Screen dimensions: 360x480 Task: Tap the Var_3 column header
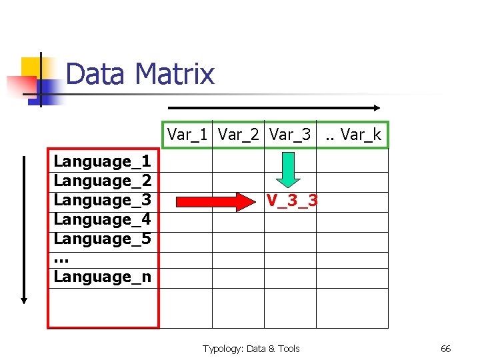pyautogui.click(x=290, y=135)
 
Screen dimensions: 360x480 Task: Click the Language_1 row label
pyautogui.click(x=103, y=161)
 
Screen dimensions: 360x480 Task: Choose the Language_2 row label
pyautogui.click(x=103, y=181)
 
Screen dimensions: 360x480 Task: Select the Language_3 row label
pyautogui.click(x=103, y=200)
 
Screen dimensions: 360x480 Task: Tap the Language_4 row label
pyautogui.click(x=103, y=219)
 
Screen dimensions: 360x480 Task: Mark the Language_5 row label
pyautogui.click(x=103, y=239)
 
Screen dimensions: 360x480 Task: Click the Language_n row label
pyautogui.click(x=103, y=277)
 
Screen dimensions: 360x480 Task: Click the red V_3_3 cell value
pyautogui.click(x=292, y=200)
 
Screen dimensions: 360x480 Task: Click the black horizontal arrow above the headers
pyautogui.click(x=273, y=107)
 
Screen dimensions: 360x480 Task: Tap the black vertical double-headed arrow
pyautogui.click(x=25, y=230)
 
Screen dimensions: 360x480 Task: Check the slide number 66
pyautogui.click(x=446, y=349)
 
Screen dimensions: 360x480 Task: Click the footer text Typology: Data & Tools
pyautogui.click(x=251, y=349)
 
